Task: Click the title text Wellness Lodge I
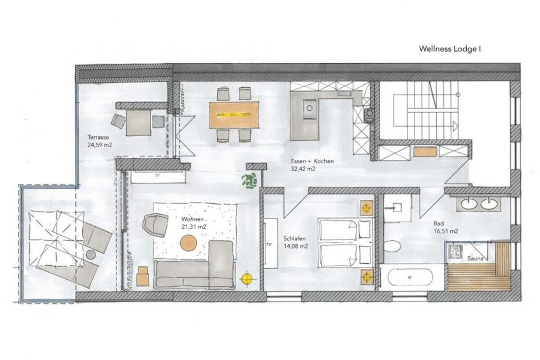pyautogui.click(x=450, y=48)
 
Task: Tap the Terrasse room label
pyautogui.click(x=98, y=137)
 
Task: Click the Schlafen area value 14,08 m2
pyautogui.click(x=295, y=247)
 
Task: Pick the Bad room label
pyautogui.click(x=439, y=224)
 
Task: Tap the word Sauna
pyautogui.click(x=475, y=259)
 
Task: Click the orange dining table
pyautogui.click(x=234, y=115)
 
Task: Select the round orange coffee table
pyautogui.click(x=188, y=243)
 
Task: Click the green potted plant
pyautogui.click(x=250, y=180)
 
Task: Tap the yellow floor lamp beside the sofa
pyautogui.click(x=246, y=278)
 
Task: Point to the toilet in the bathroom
pyautogui.click(x=392, y=247)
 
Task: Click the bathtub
pyautogui.click(x=410, y=278)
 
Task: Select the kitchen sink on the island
pyautogui.click(x=309, y=108)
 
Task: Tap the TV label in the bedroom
pyautogui.click(x=269, y=244)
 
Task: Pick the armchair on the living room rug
pyautogui.click(x=155, y=225)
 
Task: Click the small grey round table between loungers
pyautogui.click(x=91, y=255)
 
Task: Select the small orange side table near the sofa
pyautogui.click(x=143, y=277)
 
